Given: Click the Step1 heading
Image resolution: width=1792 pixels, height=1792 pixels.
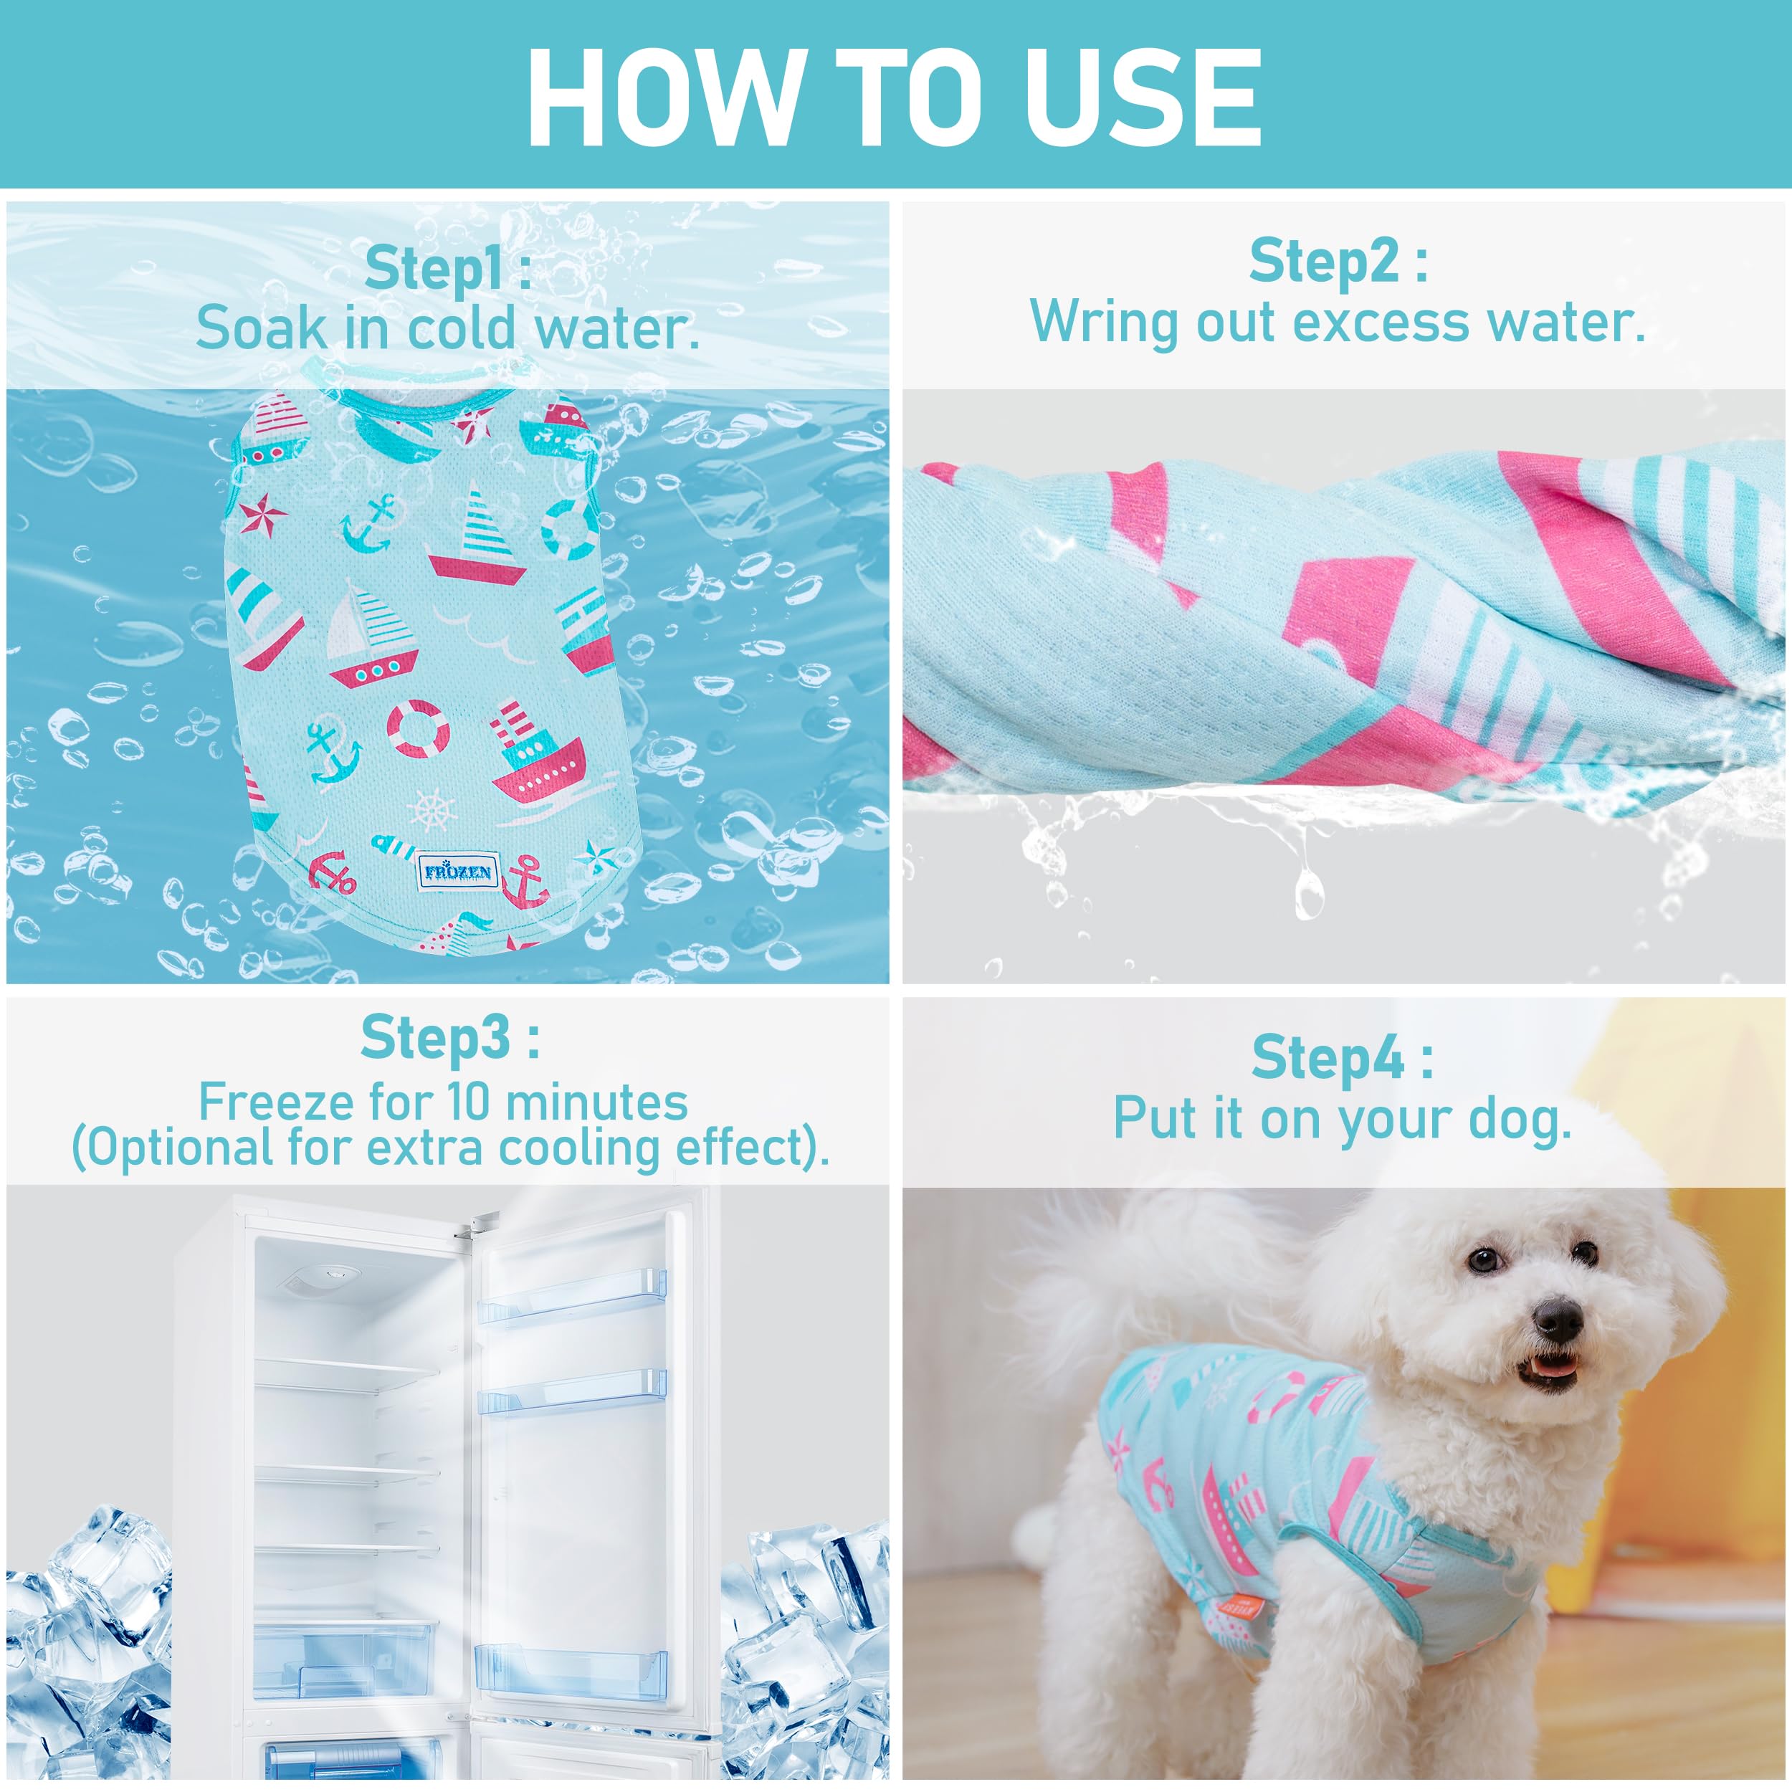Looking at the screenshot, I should pyautogui.click(x=448, y=268).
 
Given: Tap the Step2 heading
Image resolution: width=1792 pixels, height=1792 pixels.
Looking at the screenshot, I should pyautogui.click(x=1338, y=261).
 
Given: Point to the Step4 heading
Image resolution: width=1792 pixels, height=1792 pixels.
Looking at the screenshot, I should pyautogui.click(x=1341, y=1057).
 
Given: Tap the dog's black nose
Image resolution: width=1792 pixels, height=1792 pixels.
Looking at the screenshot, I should pyautogui.click(x=1558, y=1315).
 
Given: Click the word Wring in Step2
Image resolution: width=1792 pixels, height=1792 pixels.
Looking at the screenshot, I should pyautogui.click(x=1105, y=323).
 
